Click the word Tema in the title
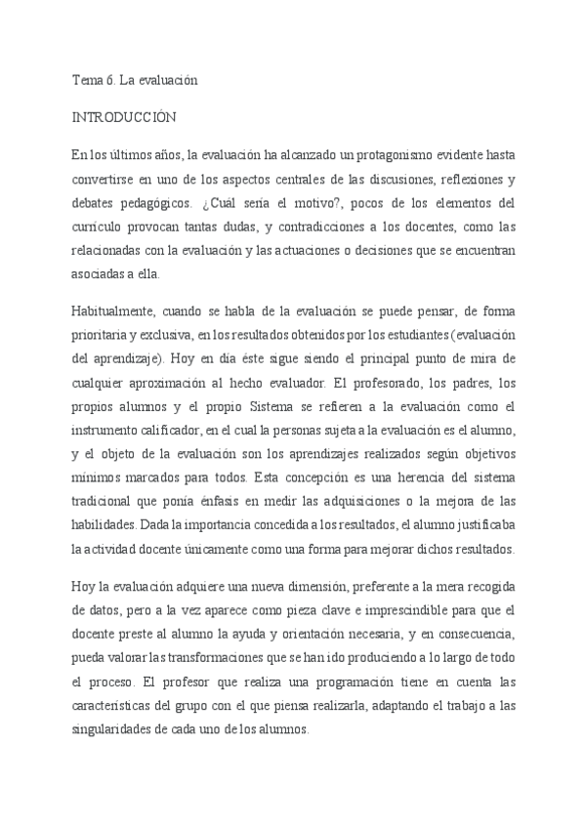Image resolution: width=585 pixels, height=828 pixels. pos(88,81)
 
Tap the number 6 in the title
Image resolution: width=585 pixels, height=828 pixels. pos(111,81)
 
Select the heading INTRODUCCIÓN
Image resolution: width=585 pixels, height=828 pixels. pos(124,117)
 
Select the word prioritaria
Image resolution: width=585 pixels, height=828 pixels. pos(104,335)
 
